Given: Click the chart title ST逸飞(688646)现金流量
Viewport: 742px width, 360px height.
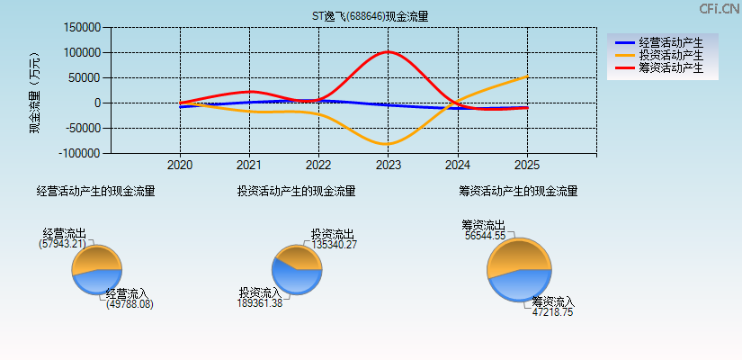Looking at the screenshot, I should point(370,16).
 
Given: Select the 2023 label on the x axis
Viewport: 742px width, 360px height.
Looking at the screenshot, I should point(388,166).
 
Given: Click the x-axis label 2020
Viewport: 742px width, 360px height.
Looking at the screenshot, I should point(180,166).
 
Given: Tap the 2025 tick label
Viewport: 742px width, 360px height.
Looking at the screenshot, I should point(526,166).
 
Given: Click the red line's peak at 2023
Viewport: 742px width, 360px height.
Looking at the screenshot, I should point(388,52).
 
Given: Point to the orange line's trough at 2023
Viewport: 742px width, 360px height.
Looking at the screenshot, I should point(388,144).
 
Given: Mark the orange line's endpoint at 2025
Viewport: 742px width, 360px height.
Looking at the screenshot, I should point(526,76).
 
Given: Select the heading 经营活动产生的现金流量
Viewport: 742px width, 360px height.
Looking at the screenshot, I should point(95,191).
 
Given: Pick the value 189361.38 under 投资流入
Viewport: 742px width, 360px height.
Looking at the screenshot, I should point(261,303).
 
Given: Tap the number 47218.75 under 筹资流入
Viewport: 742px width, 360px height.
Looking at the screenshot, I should point(552,312).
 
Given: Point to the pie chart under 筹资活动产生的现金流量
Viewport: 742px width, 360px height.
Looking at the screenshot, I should point(519,270).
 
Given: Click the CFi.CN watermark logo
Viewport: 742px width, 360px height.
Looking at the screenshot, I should point(719,8).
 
